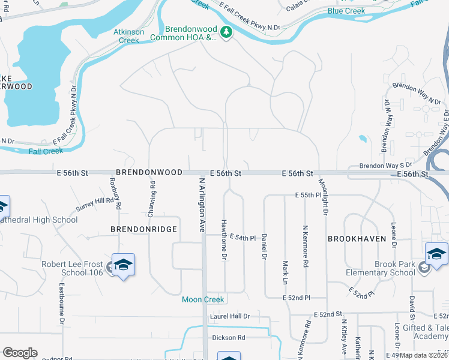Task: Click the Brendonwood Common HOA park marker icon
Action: tap(226, 32)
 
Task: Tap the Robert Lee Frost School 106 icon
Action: tap(123, 265)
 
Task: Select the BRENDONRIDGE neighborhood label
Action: tap(143, 229)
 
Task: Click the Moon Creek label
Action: tap(203, 299)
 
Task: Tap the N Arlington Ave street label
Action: tap(202, 204)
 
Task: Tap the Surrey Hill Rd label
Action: tap(95, 204)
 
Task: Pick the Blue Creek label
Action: tap(346, 11)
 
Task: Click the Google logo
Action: tap(20, 353)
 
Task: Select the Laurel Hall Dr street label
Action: tap(229, 316)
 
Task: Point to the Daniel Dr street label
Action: tap(264, 247)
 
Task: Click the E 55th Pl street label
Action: tap(308, 196)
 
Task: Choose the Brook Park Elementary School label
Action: tap(381, 268)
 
